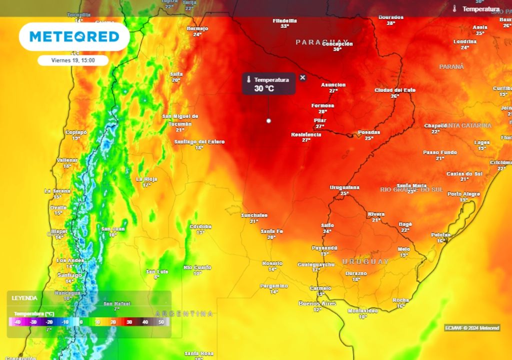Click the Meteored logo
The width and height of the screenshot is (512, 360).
click(x=74, y=37)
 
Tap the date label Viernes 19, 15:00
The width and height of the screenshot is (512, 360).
click(x=73, y=60)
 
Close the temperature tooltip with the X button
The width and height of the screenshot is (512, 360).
click(x=302, y=77)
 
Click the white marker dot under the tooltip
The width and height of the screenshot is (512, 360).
click(x=269, y=120)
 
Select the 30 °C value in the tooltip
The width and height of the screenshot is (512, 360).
click(x=264, y=88)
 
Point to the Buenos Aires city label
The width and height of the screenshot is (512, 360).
click(x=317, y=303)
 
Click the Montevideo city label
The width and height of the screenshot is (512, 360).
click(x=362, y=310)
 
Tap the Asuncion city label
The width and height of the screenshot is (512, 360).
click(x=333, y=85)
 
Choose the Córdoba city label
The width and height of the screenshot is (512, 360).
click(x=200, y=226)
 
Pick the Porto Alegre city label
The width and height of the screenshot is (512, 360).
click(x=463, y=194)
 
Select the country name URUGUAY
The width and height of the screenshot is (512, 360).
click(x=365, y=261)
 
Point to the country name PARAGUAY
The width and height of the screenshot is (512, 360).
click(x=322, y=42)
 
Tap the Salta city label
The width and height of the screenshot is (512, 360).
click(x=176, y=74)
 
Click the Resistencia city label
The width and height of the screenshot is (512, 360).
click(x=306, y=134)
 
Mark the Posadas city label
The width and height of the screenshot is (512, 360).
click(x=369, y=132)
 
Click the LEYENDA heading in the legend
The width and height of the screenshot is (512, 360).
click(x=24, y=298)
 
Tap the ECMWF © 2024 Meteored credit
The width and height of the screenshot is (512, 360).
click(x=472, y=328)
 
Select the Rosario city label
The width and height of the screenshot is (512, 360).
click(x=272, y=263)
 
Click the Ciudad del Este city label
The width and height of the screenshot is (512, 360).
click(x=395, y=90)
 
